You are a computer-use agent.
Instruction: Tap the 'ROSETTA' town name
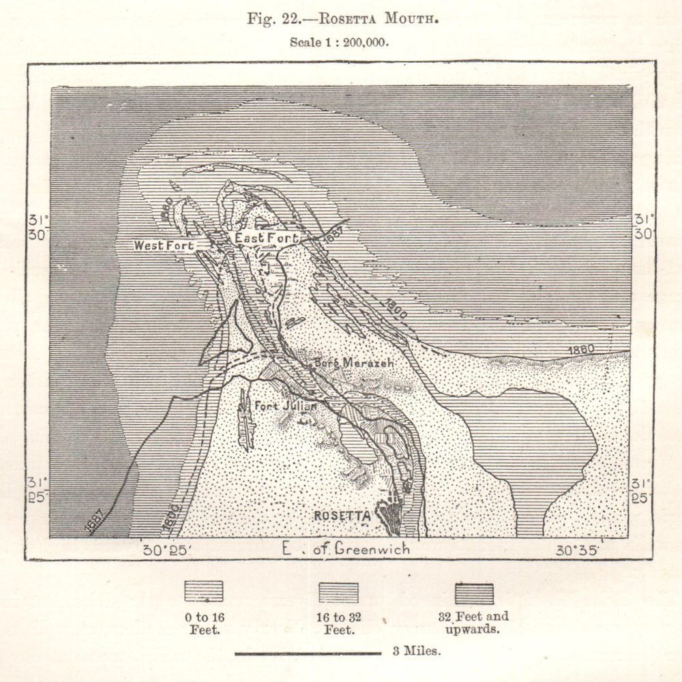[x=342, y=516]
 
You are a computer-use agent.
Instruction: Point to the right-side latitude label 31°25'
[x=642, y=490]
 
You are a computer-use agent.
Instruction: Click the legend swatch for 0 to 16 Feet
[x=203, y=591]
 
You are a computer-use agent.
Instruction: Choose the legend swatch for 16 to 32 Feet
[x=339, y=591]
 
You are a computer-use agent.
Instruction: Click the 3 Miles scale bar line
[x=308, y=654]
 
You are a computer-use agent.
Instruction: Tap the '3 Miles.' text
[x=416, y=651]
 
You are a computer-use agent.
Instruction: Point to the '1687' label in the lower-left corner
[x=96, y=522]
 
